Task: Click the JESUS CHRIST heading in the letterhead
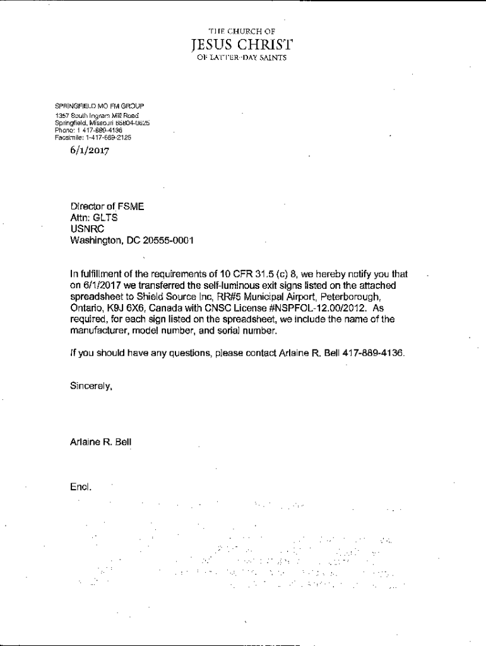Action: coord(242,44)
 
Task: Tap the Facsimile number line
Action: coord(93,137)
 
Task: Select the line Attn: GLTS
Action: coord(95,218)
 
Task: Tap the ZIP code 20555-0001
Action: coord(169,240)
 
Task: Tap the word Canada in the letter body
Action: coord(166,308)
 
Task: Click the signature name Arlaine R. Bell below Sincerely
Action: coord(101,442)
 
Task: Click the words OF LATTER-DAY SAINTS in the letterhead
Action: coord(242,57)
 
